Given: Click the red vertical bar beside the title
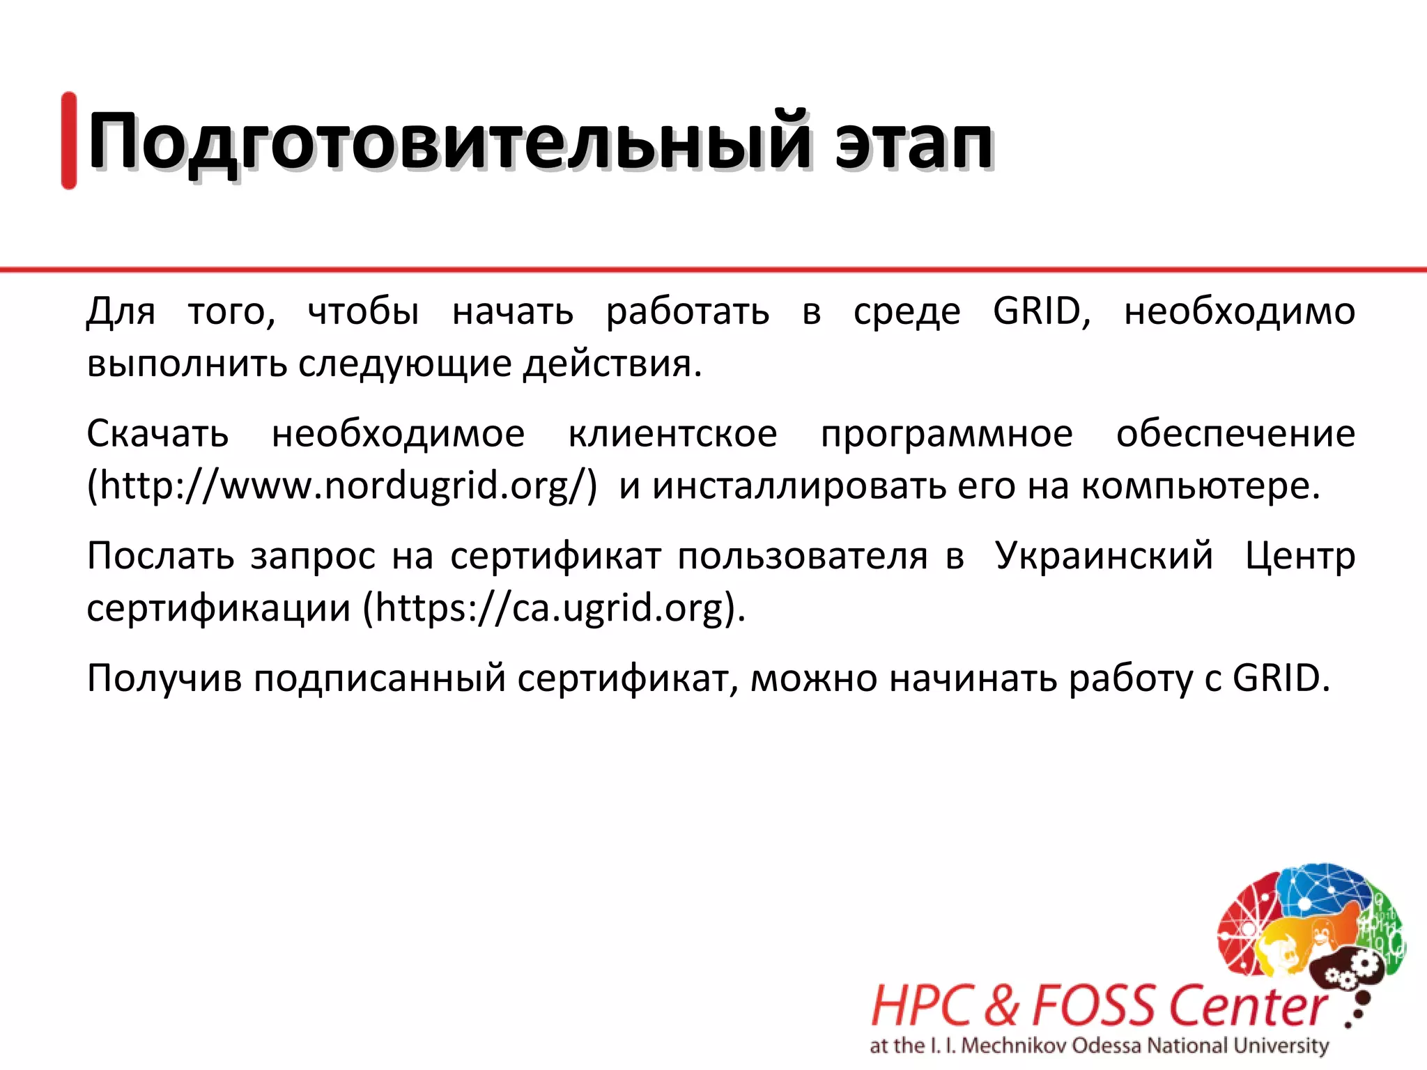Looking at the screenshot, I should tap(69, 140).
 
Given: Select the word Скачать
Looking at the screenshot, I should tap(157, 434).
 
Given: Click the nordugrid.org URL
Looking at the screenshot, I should tap(342, 486).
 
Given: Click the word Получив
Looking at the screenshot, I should tap(164, 679).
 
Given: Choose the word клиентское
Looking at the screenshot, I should tap(672, 434).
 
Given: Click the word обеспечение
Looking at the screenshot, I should tap(1235, 434).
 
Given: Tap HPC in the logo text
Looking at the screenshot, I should tap(921, 1006).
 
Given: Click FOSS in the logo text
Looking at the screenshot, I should tap(1095, 1006).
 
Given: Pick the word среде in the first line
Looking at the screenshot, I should tap(907, 312).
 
